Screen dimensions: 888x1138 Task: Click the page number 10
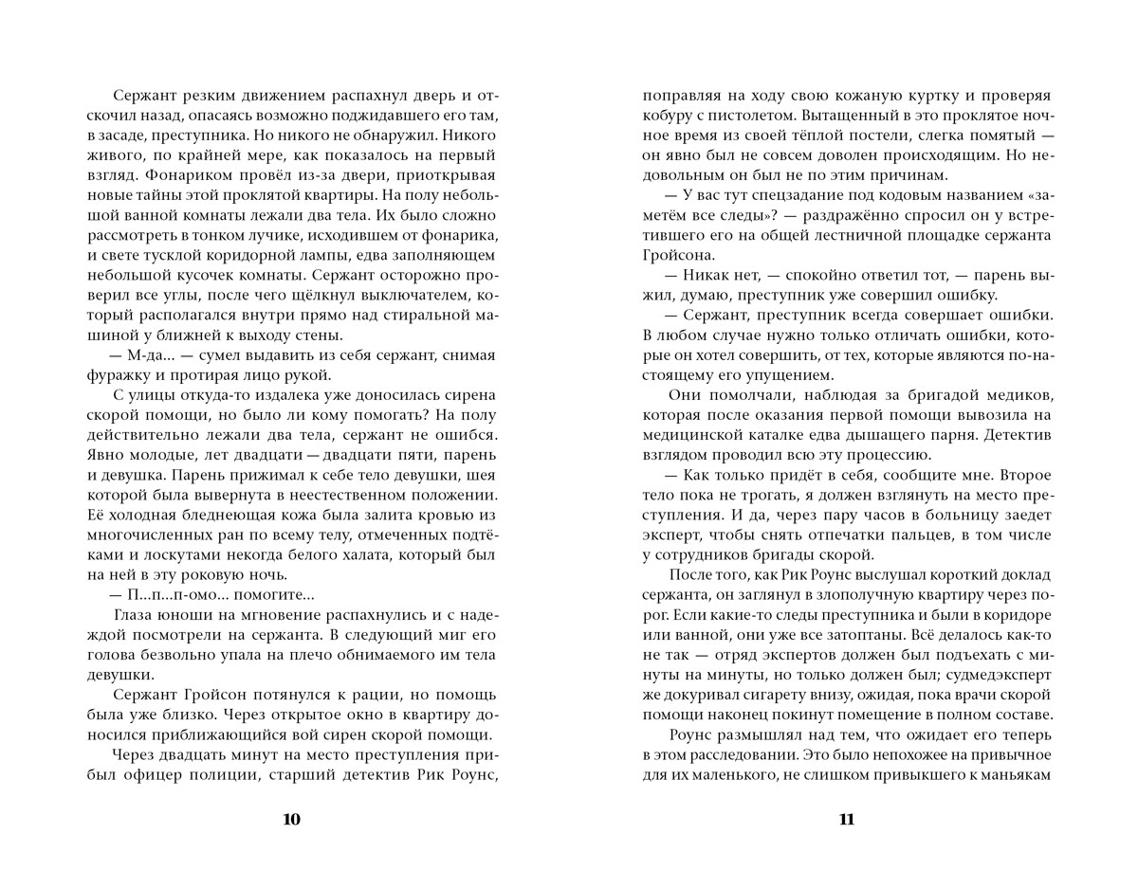pos(291,820)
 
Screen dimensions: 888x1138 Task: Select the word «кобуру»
pos(670,117)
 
